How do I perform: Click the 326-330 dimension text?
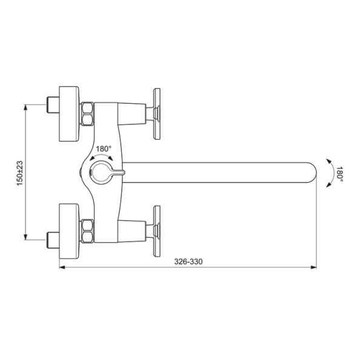coord(188,261)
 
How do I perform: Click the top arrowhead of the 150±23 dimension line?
coord(25,107)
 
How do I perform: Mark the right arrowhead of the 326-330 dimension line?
coord(313,267)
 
